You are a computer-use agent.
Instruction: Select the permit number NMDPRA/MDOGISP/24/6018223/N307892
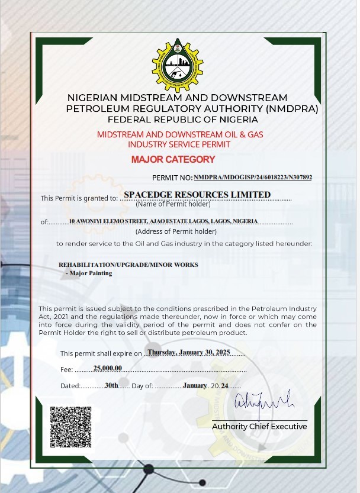(253, 177)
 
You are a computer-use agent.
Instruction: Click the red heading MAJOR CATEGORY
(173, 159)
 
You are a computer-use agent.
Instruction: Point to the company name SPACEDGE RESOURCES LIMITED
(197, 195)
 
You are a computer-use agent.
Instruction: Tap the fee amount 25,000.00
(108, 368)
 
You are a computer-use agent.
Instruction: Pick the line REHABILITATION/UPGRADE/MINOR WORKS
(128, 265)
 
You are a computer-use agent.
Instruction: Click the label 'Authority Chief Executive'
(259, 427)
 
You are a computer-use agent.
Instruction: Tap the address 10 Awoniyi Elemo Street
(163, 221)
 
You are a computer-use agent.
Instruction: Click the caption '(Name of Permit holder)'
(173, 205)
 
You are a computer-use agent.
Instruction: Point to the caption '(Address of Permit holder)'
(176, 231)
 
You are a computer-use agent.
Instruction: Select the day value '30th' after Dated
(111, 385)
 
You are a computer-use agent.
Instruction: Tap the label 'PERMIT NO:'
(172, 178)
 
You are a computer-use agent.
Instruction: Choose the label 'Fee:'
(67, 369)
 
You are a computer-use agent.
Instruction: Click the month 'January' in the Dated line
(195, 385)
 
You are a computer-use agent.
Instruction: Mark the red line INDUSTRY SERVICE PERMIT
(179, 144)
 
